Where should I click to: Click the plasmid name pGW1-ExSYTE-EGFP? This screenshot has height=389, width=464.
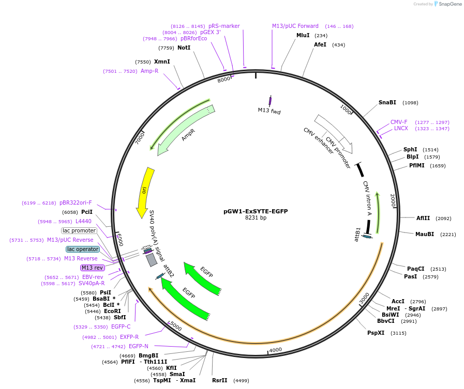(256, 211)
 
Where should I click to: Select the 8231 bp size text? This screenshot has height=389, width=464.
(256, 217)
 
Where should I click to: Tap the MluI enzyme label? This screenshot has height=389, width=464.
(303, 35)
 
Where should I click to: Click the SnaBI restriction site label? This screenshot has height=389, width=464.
(387, 102)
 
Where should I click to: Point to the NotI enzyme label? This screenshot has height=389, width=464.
(184, 48)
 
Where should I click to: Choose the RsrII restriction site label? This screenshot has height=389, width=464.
(219, 380)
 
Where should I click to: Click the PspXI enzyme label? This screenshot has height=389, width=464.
(376, 333)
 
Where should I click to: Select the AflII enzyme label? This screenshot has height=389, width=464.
(423, 218)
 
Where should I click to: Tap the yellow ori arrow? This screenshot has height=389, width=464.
(144, 191)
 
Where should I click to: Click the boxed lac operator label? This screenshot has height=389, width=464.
(83, 249)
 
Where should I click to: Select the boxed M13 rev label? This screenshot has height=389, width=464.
(93, 268)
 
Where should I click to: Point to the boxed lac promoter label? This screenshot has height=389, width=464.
(79, 230)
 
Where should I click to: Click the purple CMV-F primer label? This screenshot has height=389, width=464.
(399, 122)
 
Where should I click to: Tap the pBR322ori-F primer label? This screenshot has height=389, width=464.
(76, 203)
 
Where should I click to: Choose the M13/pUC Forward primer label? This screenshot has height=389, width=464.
(295, 26)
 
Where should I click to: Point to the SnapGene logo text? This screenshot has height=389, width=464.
(448, 4)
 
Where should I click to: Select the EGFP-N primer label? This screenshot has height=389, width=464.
(139, 346)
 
